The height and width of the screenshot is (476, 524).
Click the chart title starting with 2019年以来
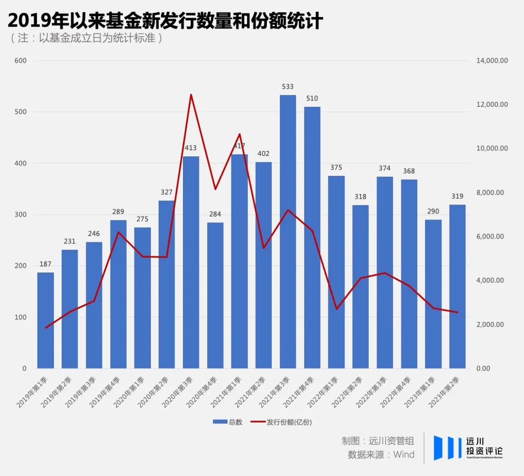(x=165, y=20)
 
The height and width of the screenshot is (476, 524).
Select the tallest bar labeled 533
(x=288, y=231)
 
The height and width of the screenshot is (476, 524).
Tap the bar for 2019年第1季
(x=46, y=321)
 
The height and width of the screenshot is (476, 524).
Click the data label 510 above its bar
(x=312, y=99)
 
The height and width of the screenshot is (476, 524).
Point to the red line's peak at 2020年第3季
(x=191, y=95)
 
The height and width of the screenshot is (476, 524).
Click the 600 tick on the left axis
(x=20, y=61)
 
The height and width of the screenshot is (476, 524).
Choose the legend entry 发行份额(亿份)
(x=281, y=422)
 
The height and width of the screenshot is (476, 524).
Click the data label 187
(x=46, y=264)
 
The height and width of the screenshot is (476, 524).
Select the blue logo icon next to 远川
(x=447, y=447)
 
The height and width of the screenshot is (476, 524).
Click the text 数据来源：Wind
(x=381, y=455)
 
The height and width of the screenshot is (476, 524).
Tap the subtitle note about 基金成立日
(x=86, y=38)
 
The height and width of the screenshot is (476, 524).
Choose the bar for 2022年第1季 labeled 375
(x=336, y=272)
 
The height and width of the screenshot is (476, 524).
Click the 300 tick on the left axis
(x=20, y=215)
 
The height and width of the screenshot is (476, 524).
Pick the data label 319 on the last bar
(x=457, y=196)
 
